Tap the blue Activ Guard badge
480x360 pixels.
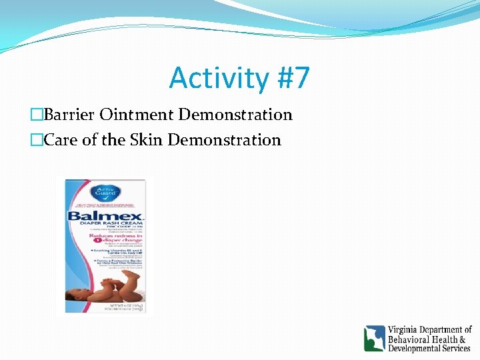(105, 193)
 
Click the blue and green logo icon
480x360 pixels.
(374, 338)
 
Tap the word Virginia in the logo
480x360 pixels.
(406, 329)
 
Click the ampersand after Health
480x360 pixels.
(466, 339)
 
